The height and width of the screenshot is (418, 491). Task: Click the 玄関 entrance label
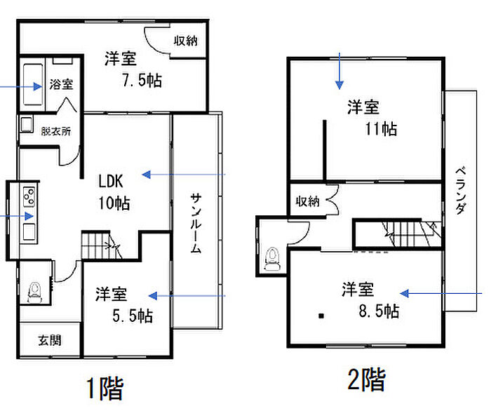[50, 340]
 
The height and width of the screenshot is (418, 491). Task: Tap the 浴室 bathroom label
[61, 84]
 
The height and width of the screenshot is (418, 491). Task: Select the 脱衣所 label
[56, 131]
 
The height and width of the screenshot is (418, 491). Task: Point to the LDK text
[111, 181]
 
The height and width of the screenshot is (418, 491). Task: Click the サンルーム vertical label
[196, 223]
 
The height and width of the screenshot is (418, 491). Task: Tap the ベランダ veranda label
[460, 191]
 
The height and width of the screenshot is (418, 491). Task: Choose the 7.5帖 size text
[142, 80]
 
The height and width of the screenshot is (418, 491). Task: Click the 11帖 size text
[381, 128]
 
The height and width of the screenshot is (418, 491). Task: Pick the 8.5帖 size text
[379, 311]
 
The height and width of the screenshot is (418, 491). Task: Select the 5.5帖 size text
[133, 316]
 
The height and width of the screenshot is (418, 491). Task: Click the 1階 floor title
[105, 389]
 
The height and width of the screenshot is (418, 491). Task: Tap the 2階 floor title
[366, 379]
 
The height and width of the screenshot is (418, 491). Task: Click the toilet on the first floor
[35, 292]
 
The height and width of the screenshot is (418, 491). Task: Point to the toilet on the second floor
[272, 259]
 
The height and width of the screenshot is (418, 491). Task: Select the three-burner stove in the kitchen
[29, 196]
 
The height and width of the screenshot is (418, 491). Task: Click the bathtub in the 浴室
[33, 85]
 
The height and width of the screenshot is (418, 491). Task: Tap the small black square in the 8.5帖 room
[321, 316]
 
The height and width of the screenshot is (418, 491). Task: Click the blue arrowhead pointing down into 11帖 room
[339, 85]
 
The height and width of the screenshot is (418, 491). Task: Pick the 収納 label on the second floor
[307, 201]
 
